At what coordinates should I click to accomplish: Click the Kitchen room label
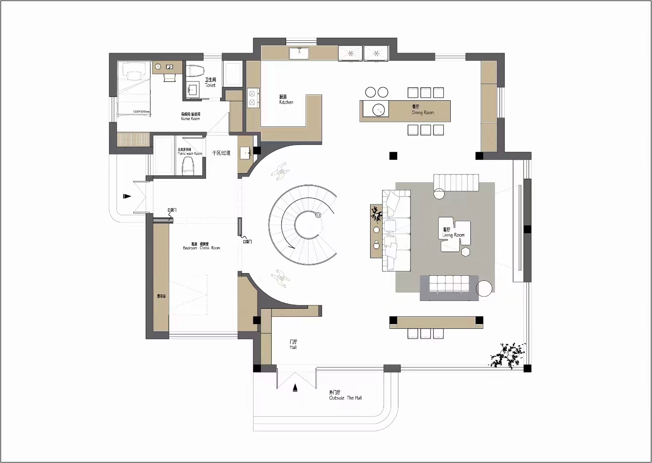[286, 99]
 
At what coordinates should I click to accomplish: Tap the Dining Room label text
[422, 110]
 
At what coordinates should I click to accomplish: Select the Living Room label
[453, 233]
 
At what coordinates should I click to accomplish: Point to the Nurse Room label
[190, 116]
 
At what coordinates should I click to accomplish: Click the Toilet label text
[210, 82]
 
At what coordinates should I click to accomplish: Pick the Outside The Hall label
[345, 395]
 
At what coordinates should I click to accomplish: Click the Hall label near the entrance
[293, 344]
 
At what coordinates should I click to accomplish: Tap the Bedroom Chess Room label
[201, 246]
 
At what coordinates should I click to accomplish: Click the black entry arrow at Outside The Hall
[295, 388]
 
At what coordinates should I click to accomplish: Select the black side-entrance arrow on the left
[126, 196]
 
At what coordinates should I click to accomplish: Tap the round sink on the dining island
[379, 110]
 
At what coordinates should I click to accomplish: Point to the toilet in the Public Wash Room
[188, 165]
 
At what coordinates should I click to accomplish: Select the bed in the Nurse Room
[134, 88]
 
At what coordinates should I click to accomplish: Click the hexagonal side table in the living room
[466, 252]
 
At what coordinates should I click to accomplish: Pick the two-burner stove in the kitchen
[253, 97]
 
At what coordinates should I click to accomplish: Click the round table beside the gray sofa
[485, 289]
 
